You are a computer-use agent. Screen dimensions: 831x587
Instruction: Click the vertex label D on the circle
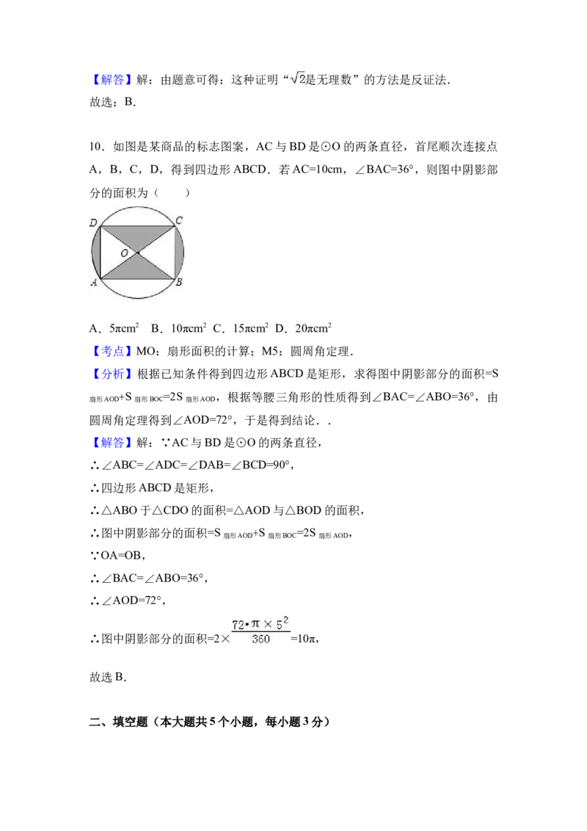[x=93, y=222]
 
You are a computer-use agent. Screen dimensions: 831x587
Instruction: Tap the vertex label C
[x=179, y=219]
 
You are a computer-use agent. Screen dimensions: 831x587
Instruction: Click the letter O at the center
[x=124, y=253]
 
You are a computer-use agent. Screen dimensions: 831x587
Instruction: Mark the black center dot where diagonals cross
[x=137, y=253]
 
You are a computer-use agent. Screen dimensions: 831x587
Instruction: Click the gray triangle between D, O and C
[x=138, y=236]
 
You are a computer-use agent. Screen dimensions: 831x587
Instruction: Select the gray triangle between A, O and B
[x=138, y=269]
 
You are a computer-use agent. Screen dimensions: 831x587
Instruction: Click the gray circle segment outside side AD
[x=95, y=253]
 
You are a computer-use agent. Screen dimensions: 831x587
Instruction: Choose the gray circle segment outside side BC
[x=181, y=253]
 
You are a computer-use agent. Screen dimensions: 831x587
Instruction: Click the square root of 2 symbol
[x=296, y=79]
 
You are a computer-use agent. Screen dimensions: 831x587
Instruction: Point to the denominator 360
[x=260, y=639]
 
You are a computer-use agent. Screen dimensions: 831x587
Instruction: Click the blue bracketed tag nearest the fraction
[x=114, y=443]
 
